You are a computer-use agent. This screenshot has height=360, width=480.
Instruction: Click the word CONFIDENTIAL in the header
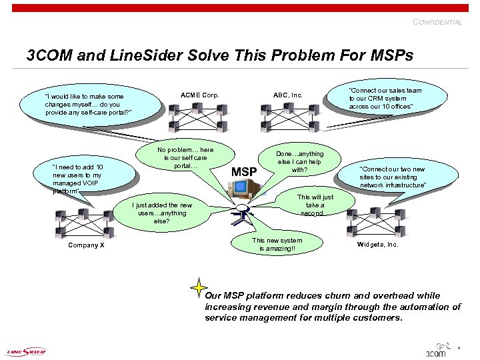pyautogui.click(x=437, y=22)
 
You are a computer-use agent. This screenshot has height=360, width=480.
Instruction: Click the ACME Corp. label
pyautogui.click(x=200, y=95)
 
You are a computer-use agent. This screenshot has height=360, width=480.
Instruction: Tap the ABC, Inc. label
pyautogui.click(x=288, y=95)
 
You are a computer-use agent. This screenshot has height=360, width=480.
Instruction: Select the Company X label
pyautogui.click(x=87, y=245)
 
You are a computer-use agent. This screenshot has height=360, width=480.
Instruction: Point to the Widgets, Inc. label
pyautogui.click(x=377, y=245)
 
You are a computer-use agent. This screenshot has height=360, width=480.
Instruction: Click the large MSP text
pyautogui.click(x=244, y=172)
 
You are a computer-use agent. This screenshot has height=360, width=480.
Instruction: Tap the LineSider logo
pyautogui.click(x=27, y=351)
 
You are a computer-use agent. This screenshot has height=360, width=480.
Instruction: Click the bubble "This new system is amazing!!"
pyautogui.click(x=277, y=245)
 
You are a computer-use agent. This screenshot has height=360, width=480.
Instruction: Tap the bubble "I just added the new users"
pyautogui.click(x=162, y=213)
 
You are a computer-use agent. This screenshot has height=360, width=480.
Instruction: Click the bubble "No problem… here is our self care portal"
pyautogui.click(x=185, y=158)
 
